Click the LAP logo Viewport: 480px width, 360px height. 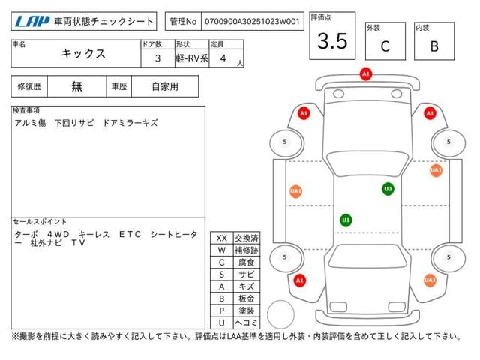pos(33,22)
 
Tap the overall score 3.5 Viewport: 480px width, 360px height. pos(332,42)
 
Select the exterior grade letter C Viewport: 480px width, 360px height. pos(385,46)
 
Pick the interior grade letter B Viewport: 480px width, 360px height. pos(433,46)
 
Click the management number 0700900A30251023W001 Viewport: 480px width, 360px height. pos(253,22)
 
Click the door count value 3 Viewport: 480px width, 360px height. pos(156,58)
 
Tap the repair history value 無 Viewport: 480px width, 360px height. pos(76,86)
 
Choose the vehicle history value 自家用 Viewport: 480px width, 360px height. pos(164,86)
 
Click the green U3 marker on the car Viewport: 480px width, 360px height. pos(388,189)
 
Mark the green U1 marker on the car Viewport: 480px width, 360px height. pos(346,220)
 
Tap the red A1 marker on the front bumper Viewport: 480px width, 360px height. pos(366,74)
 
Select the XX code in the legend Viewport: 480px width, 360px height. pos(222,238)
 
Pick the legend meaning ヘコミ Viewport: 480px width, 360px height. pos(246,321)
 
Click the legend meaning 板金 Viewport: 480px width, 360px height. pos(246,297)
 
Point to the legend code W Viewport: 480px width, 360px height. pos(222,250)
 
